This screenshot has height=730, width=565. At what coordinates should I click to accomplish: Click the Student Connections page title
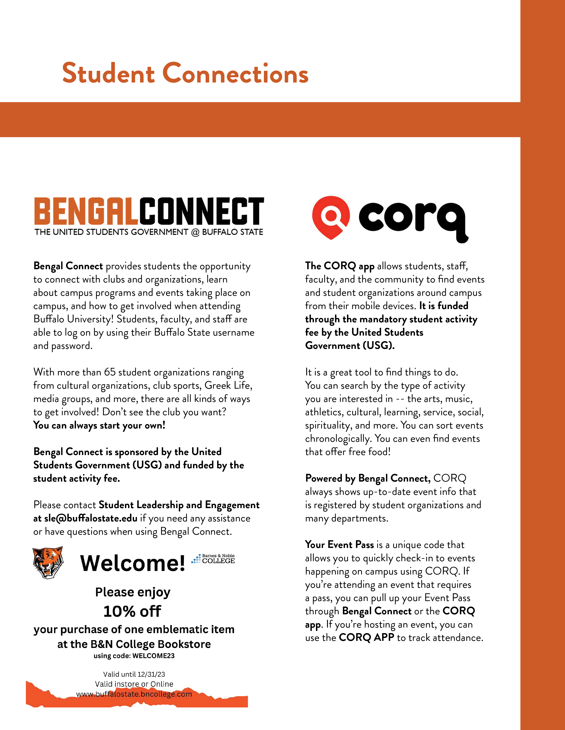pyautogui.click(x=185, y=73)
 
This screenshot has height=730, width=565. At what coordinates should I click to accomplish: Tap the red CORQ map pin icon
pyautogui.click(x=331, y=217)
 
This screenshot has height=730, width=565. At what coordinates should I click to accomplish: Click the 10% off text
pyautogui.click(x=132, y=611)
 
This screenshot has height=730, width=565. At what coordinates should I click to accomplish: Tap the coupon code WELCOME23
pyautogui.click(x=153, y=656)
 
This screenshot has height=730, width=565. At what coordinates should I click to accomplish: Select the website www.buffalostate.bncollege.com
pyautogui.click(x=134, y=694)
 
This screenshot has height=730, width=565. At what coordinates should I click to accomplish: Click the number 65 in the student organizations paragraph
pyautogui.click(x=109, y=372)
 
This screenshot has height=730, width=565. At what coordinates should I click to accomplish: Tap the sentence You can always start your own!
pyautogui.click(x=99, y=425)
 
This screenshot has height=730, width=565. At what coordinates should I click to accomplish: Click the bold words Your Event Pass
pyautogui.click(x=339, y=545)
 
